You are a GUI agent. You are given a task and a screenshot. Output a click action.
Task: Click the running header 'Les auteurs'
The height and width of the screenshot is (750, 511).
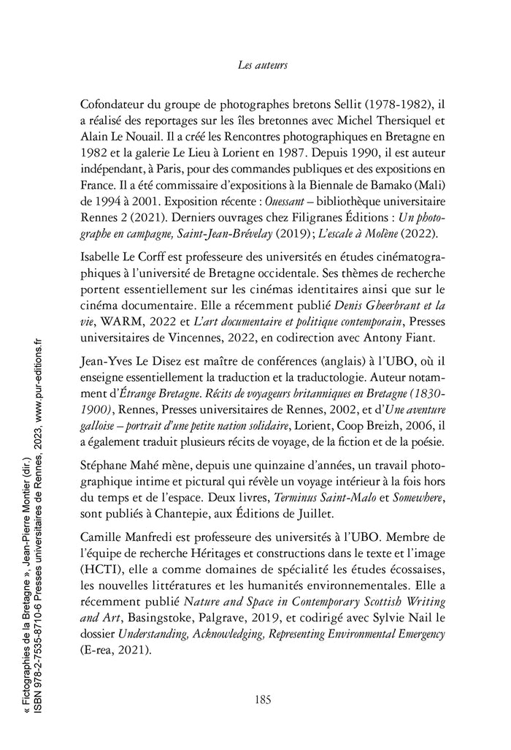click(x=263, y=65)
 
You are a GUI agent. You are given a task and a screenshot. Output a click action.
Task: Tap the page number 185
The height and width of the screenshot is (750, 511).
click(x=263, y=699)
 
